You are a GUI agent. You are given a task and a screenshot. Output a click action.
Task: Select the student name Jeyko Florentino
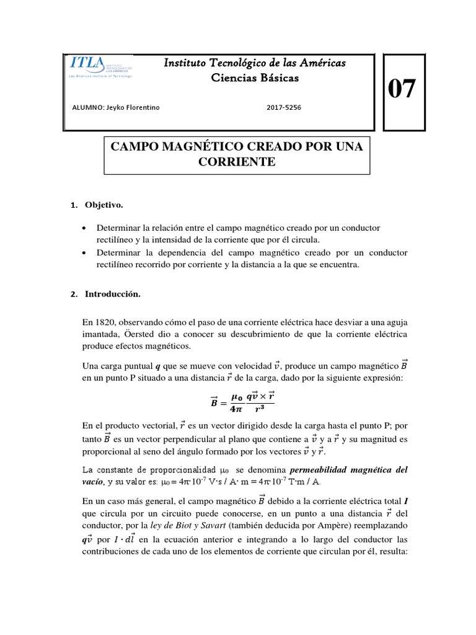pos(134,107)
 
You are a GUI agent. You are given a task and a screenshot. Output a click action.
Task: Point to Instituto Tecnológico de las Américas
pos(255,63)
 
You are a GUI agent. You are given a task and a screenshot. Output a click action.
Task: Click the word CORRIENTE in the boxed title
pos(238,162)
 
